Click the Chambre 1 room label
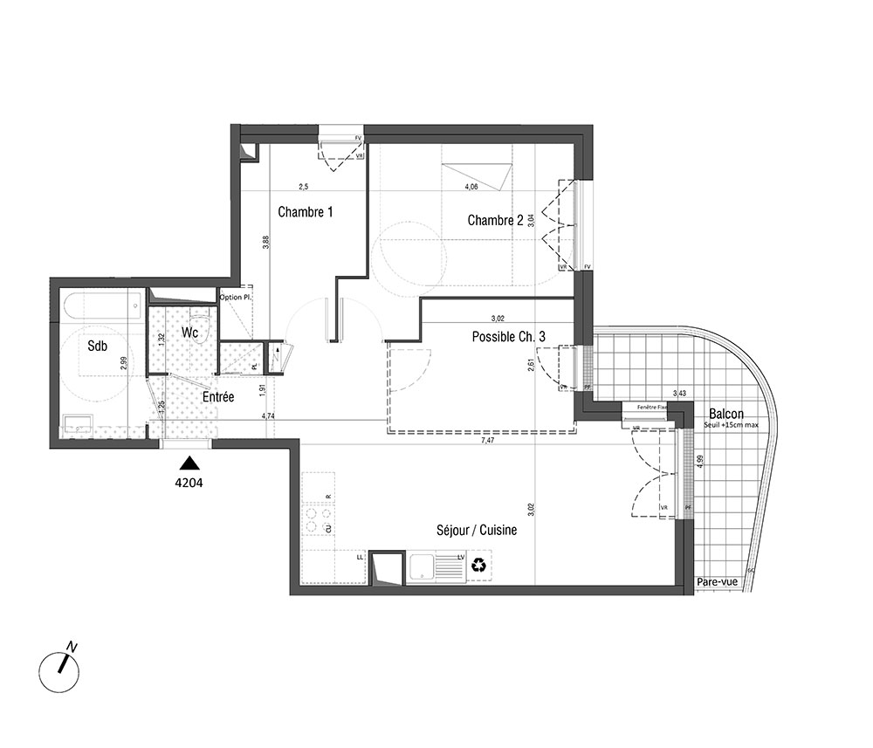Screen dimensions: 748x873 [x=306, y=212]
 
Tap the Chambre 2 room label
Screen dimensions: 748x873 [x=495, y=220]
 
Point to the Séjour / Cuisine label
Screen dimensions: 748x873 [x=478, y=530]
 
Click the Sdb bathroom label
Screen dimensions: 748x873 [x=97, y=347]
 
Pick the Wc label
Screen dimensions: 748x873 [x=191, y=333]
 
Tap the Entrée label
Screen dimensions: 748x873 [x=217, y=396]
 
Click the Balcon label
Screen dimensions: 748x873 [x=726, y=413]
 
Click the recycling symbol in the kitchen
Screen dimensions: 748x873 [x=479, y=566]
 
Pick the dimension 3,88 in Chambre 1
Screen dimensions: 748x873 [x=265, y=244]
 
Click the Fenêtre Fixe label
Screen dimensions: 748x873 [x=652, y=408]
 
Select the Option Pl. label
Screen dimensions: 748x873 [x=236, y=298]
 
